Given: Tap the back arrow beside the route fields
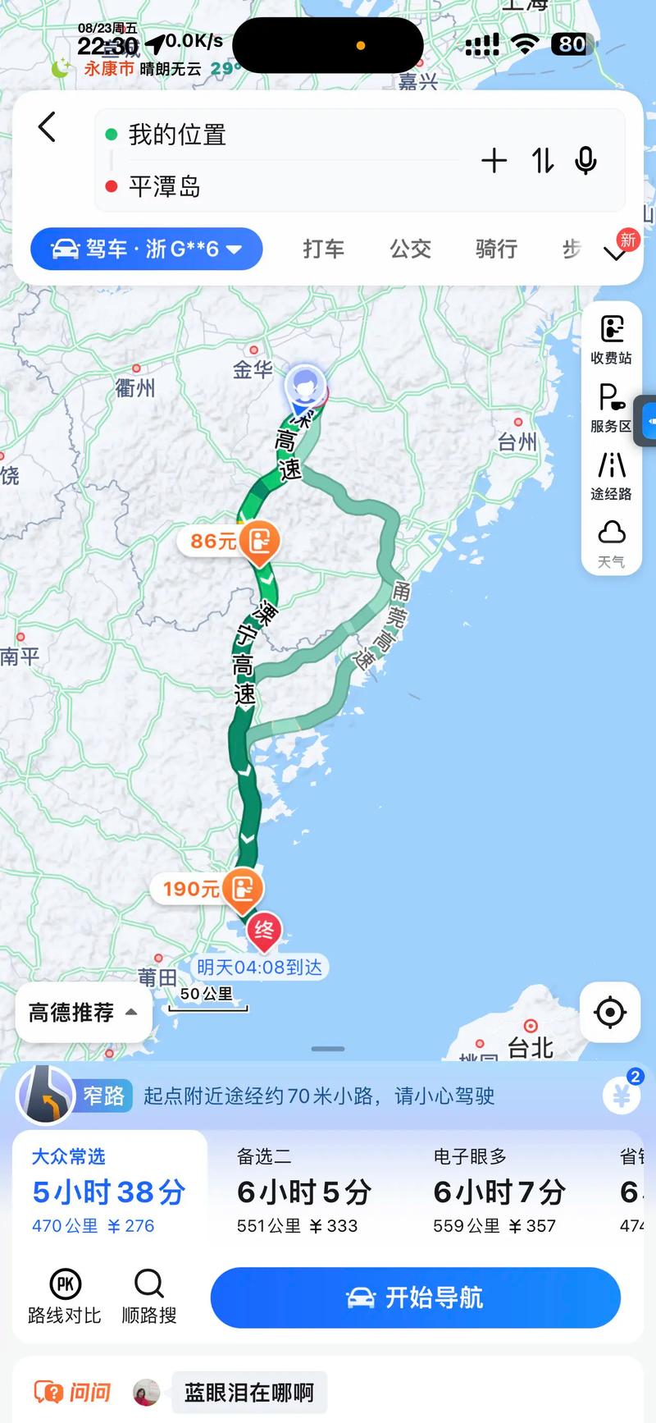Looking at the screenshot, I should click(x=48, y=128).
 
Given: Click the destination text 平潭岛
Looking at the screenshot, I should click(x=165, y=187).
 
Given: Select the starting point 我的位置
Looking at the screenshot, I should click(x=177, y=135).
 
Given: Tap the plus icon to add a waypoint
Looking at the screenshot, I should click(x=494, y=161).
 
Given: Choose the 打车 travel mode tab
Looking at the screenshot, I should click(x=323, y=249).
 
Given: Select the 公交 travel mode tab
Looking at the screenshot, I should click(x=410, y=249).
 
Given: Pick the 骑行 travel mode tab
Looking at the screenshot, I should click(x=496, y=249).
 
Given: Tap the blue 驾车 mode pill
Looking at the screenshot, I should click(x=147, y=249).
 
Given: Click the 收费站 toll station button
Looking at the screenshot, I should click(x=611, y=338).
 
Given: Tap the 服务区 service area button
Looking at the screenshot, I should click(x=611, y=407).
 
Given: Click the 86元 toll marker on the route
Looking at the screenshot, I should click(x=230, y=541).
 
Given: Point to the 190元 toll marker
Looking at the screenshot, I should click(x=208, y=889).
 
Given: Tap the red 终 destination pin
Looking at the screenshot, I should click(x=264, y=931).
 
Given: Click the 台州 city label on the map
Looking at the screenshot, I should click(x=517, y=442).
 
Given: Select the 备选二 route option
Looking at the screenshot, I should click(x=303, y=1191).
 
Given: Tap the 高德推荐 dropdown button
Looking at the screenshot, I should click(x=83, y=1013).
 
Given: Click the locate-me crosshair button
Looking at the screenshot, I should click(x=609, y=1013).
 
